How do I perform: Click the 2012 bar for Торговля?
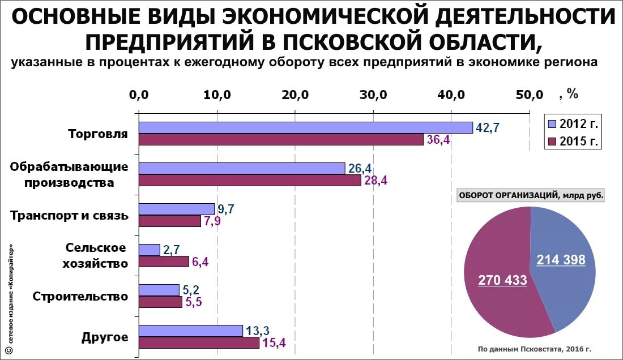pyautogui.click(x=306, y=127)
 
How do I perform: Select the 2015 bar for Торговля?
pyautogui.click(x=281, y=140)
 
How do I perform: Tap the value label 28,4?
pyautogui.click(x=376, y=181)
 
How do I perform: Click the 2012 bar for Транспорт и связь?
pyautogui.click(x=177, y=209)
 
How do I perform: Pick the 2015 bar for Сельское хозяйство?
pyautogui.click(x=164, y=262)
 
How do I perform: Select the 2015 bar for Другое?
pyautogui.click(x=199, y=342)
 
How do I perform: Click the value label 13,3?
pyautogui.click(x=258, y=330)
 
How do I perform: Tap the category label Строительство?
pyautogui.click(x=80, y=297)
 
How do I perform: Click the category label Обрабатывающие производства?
pyautogui.click(x=69, y=175)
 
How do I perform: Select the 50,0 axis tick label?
pyautogui.click(x=529, y=95)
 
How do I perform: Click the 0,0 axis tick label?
pyautogui.click(x=139, y=95)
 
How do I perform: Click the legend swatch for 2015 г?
pyautogui.click(x=552, y=141)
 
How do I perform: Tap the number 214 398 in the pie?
pyautogui.click(x=561, y=260)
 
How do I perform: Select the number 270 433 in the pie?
pyautogui.click(x=502, y=280)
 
